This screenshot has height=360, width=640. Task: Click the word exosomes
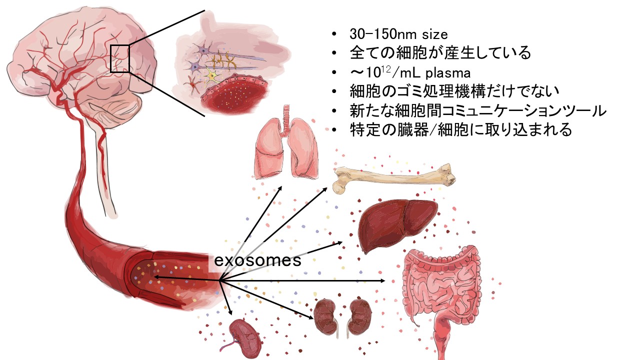257,260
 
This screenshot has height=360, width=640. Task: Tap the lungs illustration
285,149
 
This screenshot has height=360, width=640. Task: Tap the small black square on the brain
120,58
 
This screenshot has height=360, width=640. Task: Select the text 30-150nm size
398,34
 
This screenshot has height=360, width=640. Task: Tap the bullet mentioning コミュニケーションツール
478,111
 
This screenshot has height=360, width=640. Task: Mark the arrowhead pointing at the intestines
383,280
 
